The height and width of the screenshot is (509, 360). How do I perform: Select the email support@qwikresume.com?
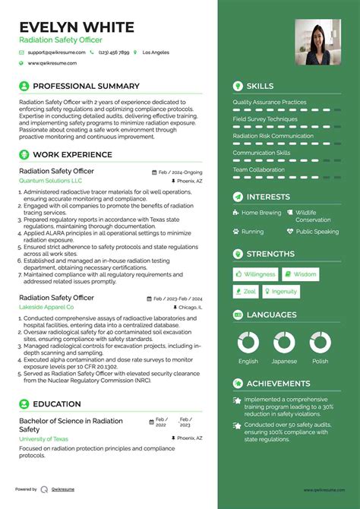pos(55,52)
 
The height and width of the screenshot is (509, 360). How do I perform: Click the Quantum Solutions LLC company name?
pos(51,182)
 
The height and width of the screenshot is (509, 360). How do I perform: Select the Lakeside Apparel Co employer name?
pos(46,307)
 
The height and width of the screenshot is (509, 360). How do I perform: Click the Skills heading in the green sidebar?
pos(260,86)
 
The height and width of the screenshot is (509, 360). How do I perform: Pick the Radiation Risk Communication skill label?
pos(273,136)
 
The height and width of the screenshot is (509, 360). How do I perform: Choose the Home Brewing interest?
pos(261,213)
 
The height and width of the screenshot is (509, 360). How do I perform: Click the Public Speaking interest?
pos(317,232)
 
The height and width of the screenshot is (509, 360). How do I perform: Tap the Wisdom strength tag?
pos(301,274)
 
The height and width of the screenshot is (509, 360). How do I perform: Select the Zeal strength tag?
pos(245,292)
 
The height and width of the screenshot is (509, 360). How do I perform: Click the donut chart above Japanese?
pos(284,342)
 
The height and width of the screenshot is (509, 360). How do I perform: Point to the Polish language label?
pos(320,362)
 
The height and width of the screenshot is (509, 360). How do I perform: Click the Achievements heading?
pos(278,384)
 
